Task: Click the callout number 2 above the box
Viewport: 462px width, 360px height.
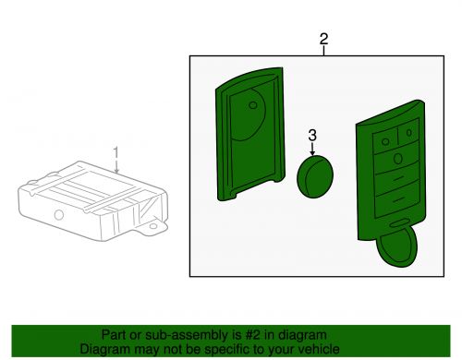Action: pos(323,40)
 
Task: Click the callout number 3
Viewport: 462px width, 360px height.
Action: pos(312,136)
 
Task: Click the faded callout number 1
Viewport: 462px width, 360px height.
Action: pos(115,153)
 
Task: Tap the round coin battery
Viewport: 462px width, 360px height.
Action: pos(315,176)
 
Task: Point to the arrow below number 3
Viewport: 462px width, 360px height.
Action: pos(312,149)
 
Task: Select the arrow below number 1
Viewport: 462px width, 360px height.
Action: pos(116,166)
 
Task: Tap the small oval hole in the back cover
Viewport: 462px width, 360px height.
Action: pos(253,105)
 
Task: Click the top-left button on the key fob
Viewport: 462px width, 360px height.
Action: pos(385,140)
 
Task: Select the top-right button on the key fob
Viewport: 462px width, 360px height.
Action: pos(408,132)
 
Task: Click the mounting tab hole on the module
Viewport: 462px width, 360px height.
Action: pos(153,226)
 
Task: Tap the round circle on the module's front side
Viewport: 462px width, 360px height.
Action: pos(59,215)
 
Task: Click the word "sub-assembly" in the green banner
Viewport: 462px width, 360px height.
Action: pos(187,335)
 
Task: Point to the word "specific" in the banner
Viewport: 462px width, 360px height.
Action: pos(226,350)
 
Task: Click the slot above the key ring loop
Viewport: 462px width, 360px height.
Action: pos(398,223)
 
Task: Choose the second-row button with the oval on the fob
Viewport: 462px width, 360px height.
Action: pos(397,159)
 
